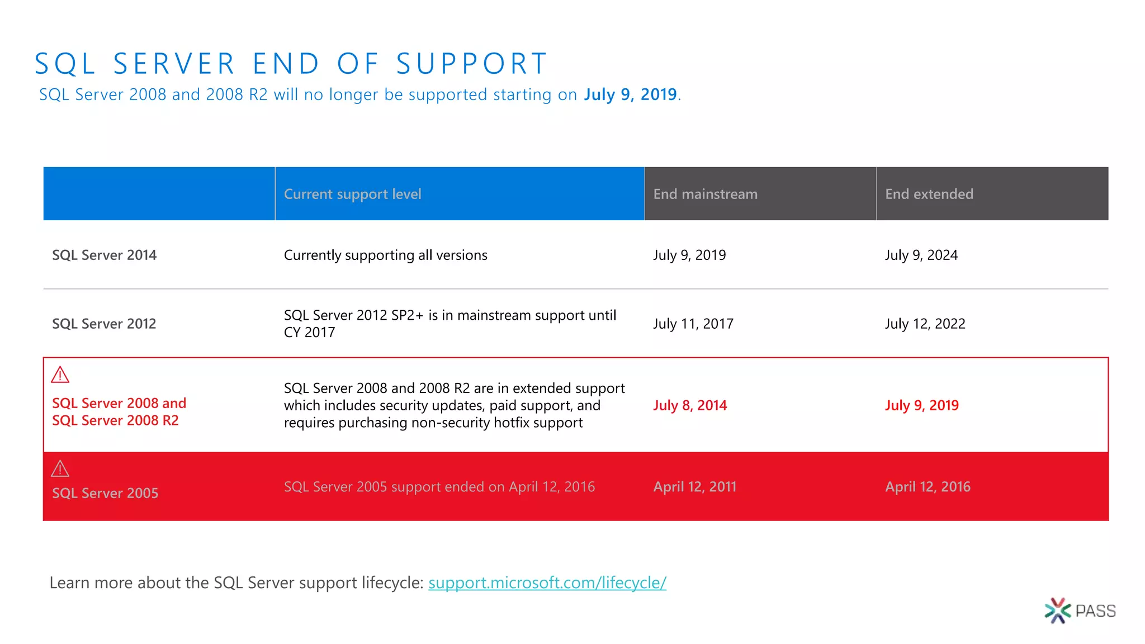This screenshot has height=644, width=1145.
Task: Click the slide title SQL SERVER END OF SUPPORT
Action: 291,63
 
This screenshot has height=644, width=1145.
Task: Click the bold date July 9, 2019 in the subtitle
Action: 630,94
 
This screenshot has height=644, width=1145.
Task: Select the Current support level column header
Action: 352,194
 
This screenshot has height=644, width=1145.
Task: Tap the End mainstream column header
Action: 705,194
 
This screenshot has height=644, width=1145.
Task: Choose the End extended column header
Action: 929,194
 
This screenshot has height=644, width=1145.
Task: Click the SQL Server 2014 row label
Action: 104,255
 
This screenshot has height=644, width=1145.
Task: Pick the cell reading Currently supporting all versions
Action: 385,255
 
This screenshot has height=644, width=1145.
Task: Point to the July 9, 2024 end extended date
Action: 921,255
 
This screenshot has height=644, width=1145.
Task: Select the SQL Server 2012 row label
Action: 104,324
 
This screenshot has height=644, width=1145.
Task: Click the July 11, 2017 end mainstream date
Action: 693,324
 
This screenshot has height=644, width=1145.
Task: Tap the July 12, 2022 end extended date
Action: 925,324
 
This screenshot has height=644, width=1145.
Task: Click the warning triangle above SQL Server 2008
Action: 60,375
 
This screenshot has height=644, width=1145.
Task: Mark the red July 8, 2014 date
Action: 690,405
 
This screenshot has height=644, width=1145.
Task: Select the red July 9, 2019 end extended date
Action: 921,405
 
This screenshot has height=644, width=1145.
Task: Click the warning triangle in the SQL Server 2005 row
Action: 60,469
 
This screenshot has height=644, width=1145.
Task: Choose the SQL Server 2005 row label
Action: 105,493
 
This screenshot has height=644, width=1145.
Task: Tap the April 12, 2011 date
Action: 694,487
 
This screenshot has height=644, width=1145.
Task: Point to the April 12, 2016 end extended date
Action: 928,487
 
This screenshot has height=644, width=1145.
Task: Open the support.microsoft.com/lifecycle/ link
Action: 547,583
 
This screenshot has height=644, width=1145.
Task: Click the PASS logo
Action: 1080,610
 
